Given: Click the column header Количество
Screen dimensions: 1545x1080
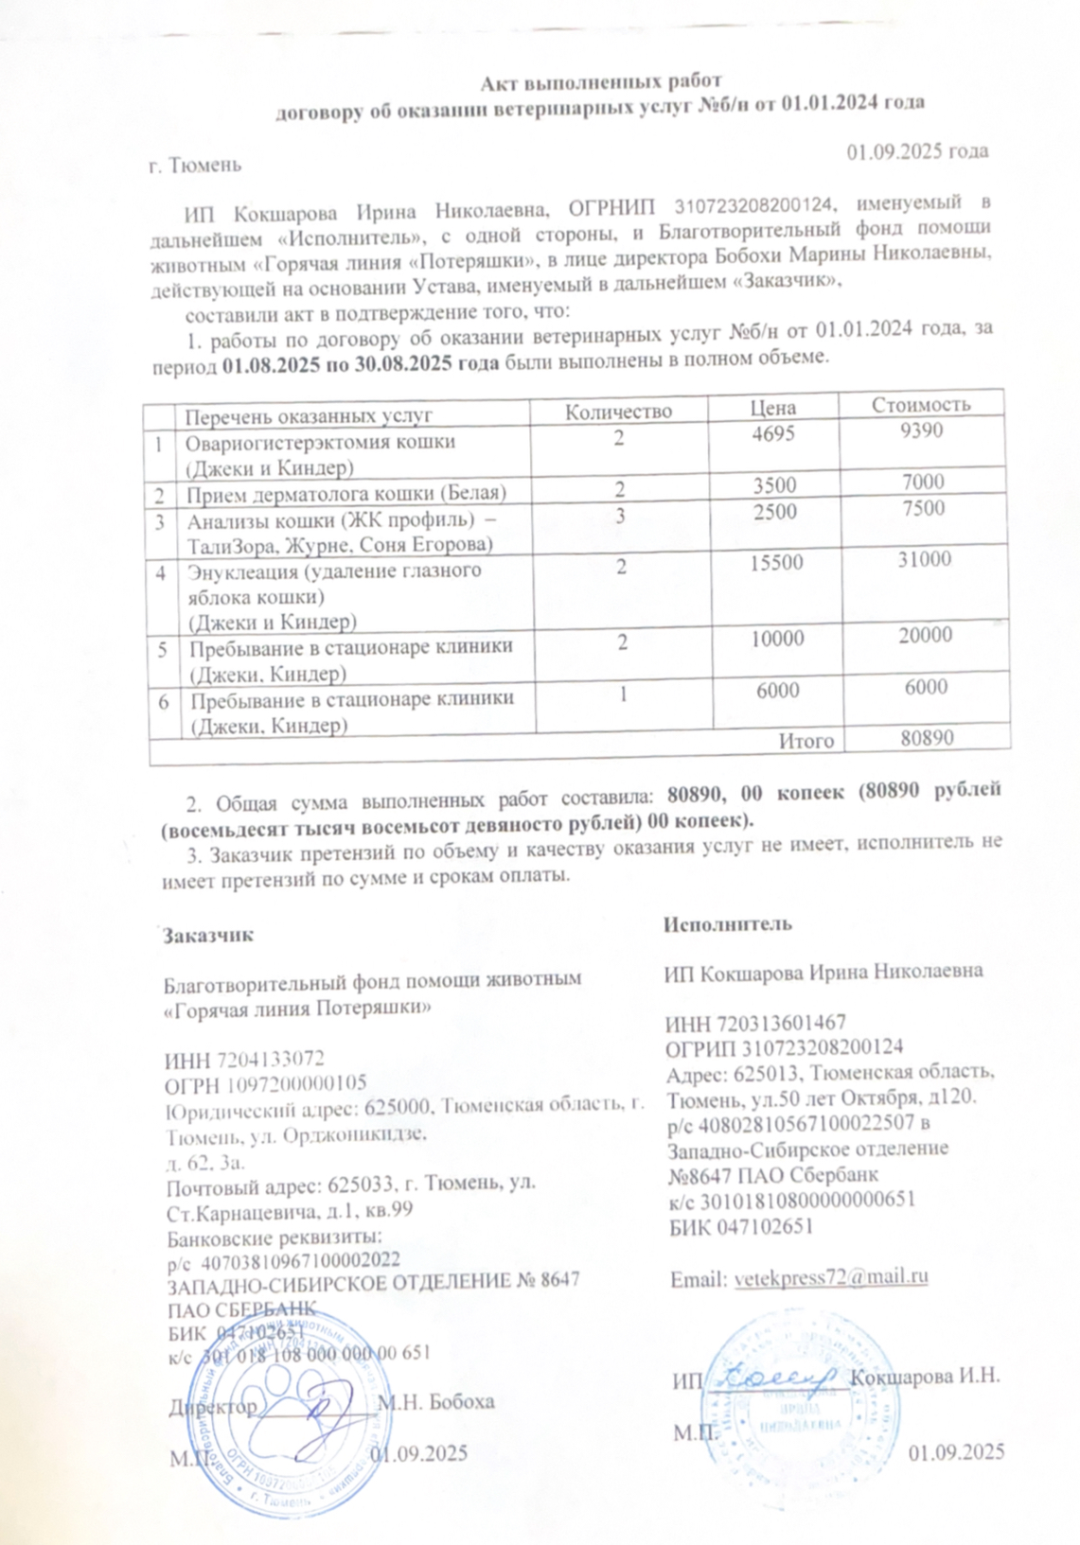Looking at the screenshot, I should pyautogui.click(x=618, y=412).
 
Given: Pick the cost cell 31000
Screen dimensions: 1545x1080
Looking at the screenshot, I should pyautogui.click(x=924, y=559).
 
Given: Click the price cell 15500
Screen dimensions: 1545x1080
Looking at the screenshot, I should pyautogui.click(x=776, y=563).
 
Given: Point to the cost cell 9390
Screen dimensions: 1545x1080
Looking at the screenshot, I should pyautogui.click(x=922, y=431).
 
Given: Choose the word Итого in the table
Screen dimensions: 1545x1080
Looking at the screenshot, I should pyautogui.click(x=806, y=741).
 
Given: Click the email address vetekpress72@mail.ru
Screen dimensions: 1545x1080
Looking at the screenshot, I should pyautogui.click(x=831, y=1277).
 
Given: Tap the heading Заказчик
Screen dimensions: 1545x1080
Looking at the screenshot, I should pyautogui.click(x=208, y=935).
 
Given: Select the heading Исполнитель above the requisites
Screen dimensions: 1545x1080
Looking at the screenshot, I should pyautogui.click(x=727, y=924).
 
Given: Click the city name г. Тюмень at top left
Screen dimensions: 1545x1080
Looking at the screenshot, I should pyautogui.click(x=196, y=165).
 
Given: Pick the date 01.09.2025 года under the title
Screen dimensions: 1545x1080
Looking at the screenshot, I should pyautogui.click(x=917, y=151).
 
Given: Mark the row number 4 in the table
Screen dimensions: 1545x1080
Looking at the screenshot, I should pyautogui.click(x=161, y=572).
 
